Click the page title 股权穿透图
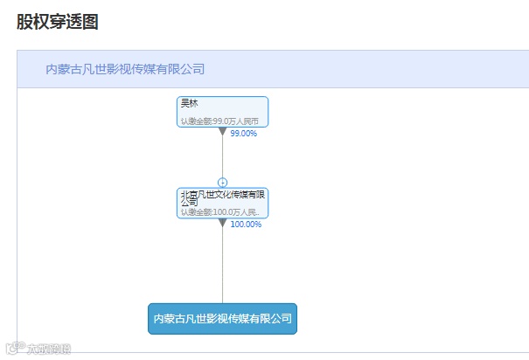[x=57, y=22]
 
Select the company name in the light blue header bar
[x=125, y=69]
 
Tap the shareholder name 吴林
[x=189, y=104]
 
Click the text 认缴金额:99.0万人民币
[x=219, y=121]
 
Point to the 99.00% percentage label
[x=243, y=134]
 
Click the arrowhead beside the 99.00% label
[x=223, y=132]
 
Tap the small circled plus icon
[x=222, y=182]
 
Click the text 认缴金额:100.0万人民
[x=219, y=211]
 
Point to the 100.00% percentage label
[x=246, y=225]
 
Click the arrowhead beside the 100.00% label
[x=223, y=223]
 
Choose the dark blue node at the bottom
[x=222, y=319]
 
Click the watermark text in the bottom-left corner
[x=49, y=350]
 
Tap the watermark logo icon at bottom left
[x=13, y=350]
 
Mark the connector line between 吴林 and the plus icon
[x=222, y=157]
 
